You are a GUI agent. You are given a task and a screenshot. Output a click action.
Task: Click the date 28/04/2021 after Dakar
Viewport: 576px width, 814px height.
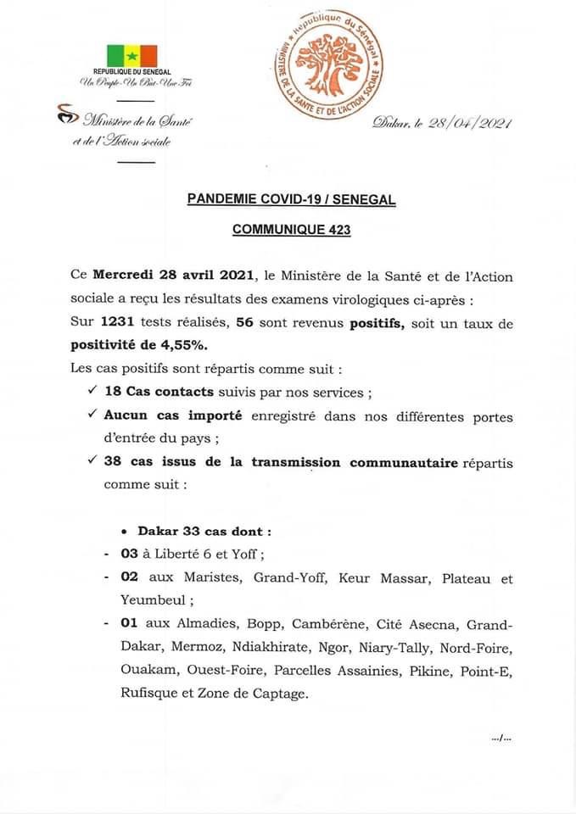pyautogui.click(x=472, y=124)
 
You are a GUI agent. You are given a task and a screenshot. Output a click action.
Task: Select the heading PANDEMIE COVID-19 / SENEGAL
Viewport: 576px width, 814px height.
pyautogui.click(x=291, y=200)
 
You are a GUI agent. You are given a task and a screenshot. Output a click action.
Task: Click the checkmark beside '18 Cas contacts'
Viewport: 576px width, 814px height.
pyautogui.click(x=92, y=392)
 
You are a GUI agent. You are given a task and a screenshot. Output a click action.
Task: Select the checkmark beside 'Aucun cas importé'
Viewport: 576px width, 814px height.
pyautogui.click(x=92, y=415)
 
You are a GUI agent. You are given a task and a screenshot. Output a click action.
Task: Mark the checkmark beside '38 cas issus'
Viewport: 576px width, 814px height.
pyautogui.click(x=92, y=462)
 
